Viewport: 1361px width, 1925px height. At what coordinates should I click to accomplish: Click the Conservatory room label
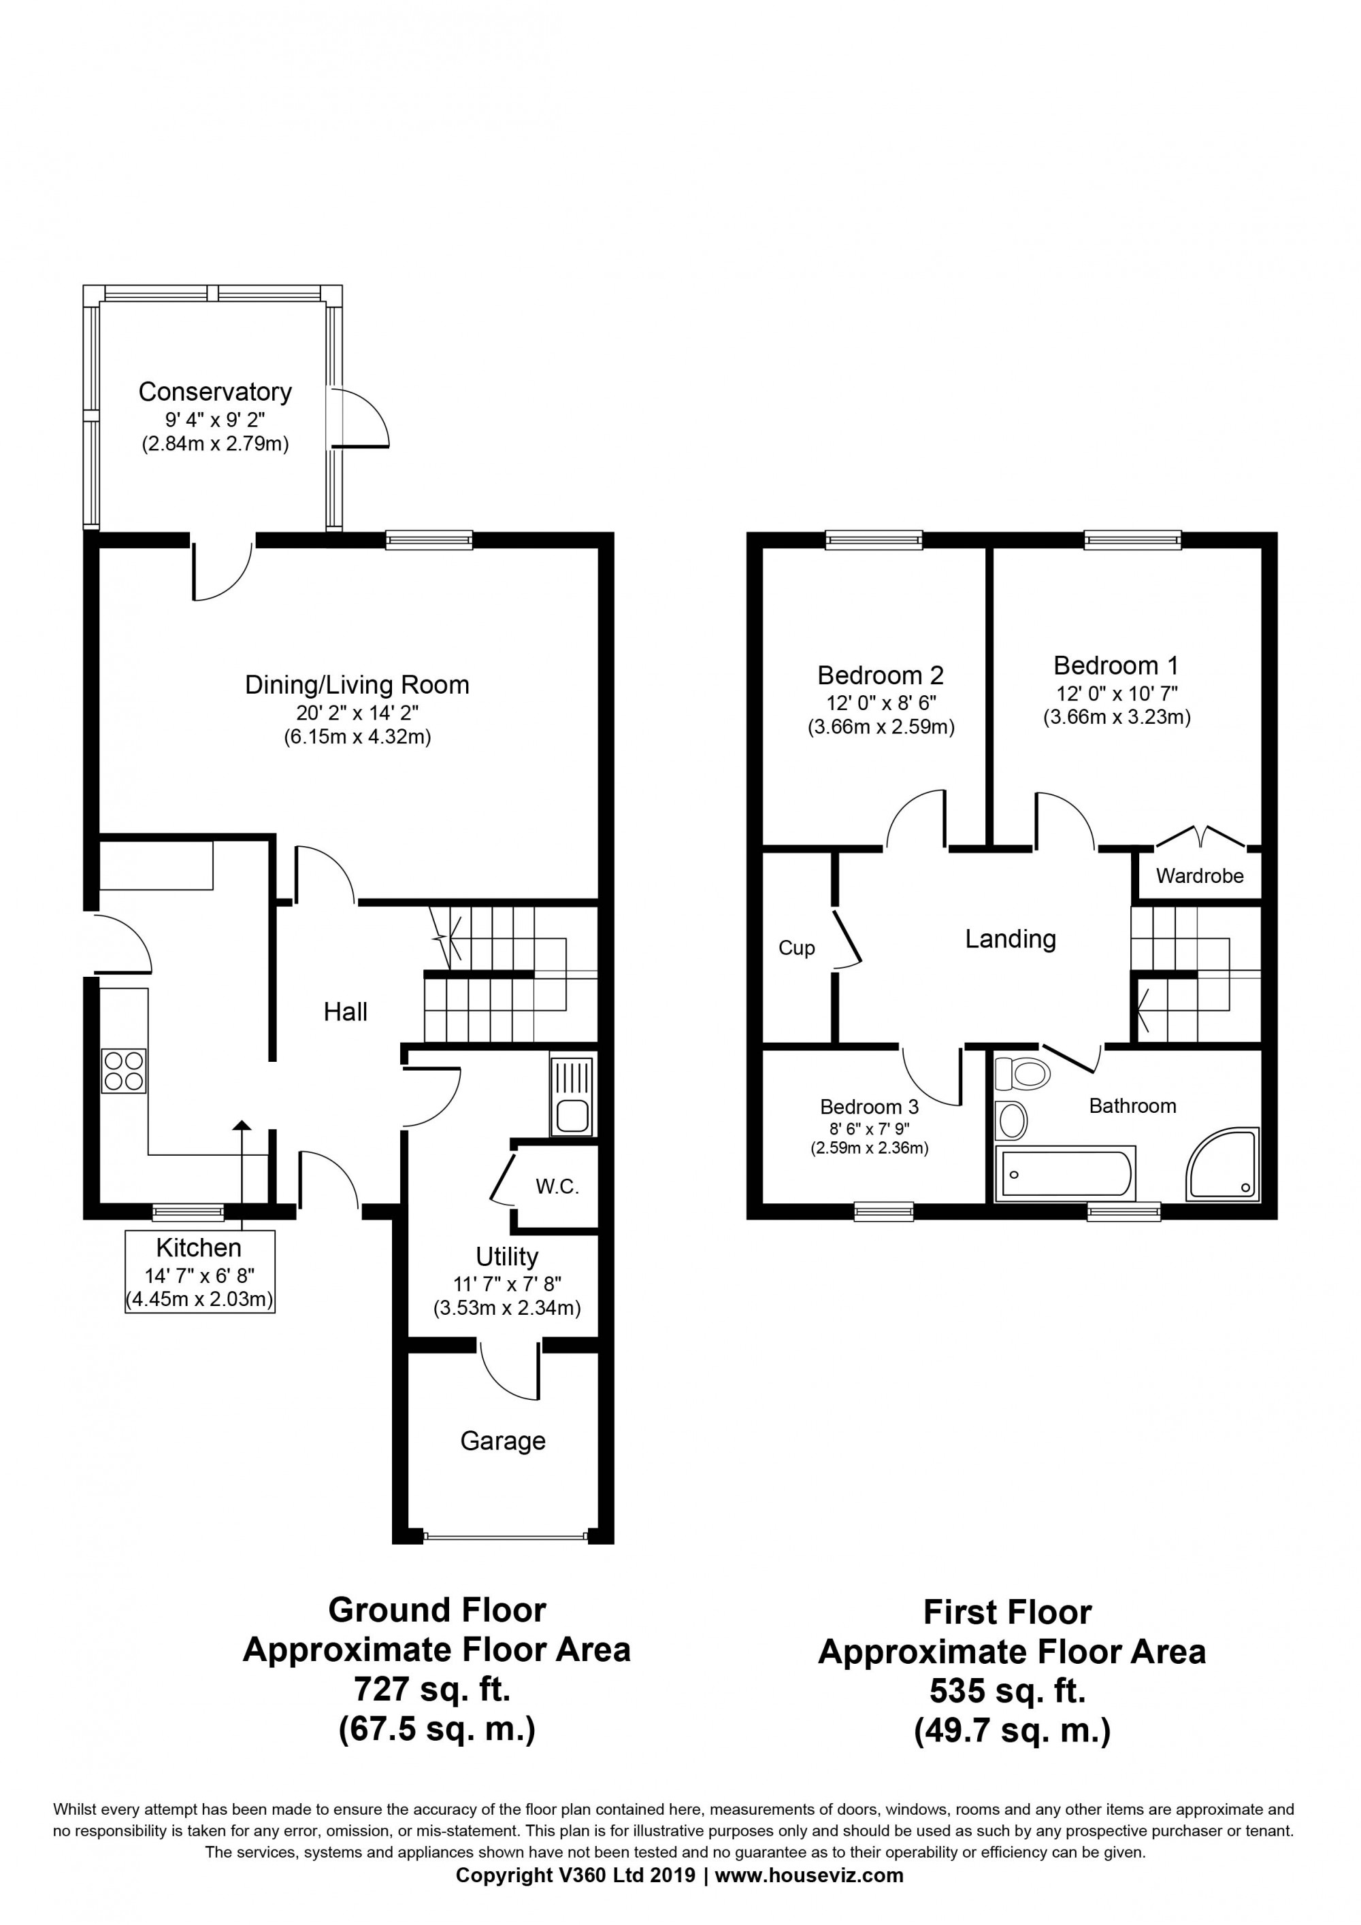click(214, 392)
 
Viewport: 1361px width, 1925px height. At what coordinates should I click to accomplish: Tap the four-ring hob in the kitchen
click(123, 1071)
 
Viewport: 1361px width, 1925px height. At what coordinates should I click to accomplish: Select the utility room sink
click(572, 1097)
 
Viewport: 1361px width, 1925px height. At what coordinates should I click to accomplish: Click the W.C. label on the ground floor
click(557, 1186)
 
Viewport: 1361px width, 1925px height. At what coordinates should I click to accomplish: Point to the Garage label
click(503, 1441)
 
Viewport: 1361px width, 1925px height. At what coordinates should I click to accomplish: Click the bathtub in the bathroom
click(1065, 1173)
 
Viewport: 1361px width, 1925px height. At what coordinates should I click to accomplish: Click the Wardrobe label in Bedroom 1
click(1199, 876)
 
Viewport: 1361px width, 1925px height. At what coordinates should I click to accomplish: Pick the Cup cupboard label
click(797, 948)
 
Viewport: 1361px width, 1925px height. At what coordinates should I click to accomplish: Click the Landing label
click(1011, 938)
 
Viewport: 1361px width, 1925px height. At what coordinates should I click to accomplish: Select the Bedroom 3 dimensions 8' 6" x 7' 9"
click(870, 1128)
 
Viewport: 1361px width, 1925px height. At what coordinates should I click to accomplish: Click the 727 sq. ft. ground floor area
click(432, 1690)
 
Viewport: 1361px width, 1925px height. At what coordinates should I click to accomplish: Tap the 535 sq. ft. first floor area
click(1008, 1691)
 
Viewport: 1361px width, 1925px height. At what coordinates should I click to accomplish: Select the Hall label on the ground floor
click(346, 1012)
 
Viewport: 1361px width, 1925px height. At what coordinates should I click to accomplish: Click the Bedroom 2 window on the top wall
click(874, 540)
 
